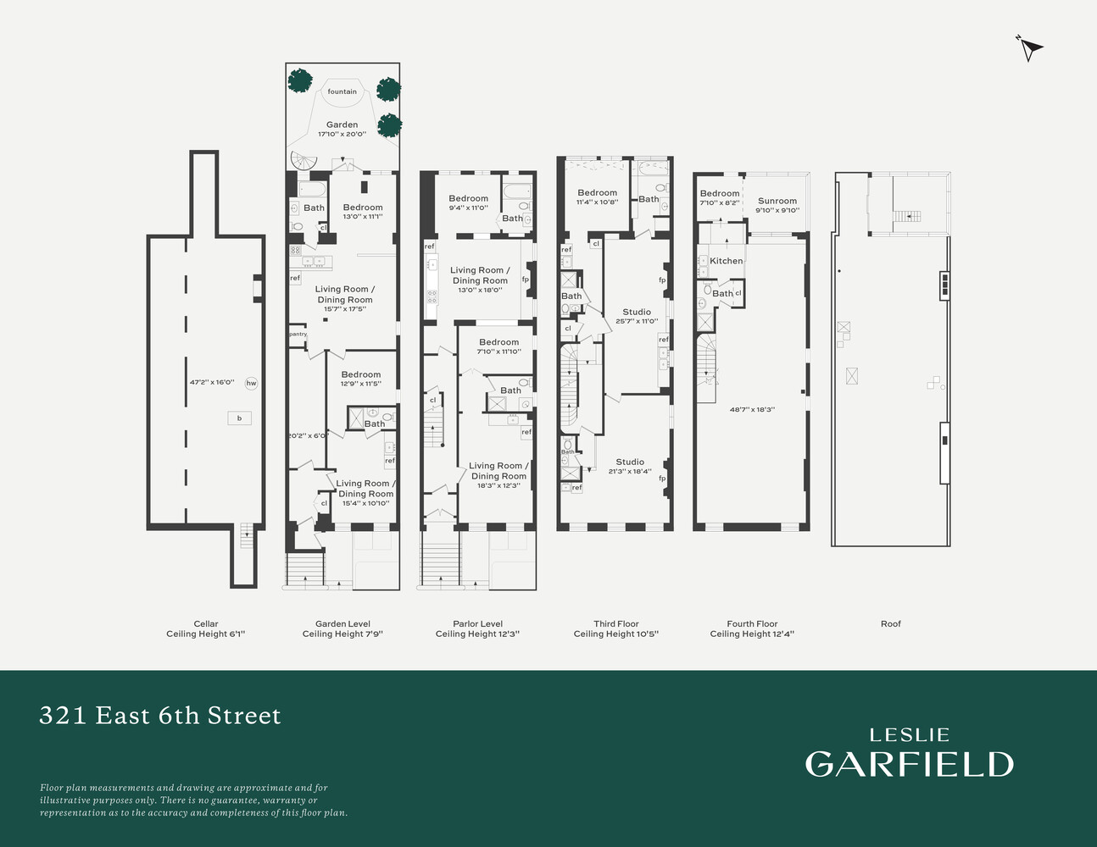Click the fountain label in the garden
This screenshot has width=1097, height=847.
point(342,91)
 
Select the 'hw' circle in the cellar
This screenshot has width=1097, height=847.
point(251,384)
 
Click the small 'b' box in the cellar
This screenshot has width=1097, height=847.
point(239,418)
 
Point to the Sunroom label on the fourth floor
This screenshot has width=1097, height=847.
point(777,202)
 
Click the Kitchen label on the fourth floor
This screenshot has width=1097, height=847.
point(727,261)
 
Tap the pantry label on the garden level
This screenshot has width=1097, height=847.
point(298,334)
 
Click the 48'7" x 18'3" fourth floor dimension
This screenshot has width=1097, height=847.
point(752,409)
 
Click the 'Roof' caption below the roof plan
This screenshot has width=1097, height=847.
point(890,623)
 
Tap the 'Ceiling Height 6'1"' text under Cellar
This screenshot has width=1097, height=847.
point(205,634)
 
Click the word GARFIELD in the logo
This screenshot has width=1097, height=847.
point(909,764)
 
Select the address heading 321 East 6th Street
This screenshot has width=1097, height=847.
point(160,716)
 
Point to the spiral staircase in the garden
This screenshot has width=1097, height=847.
point(302,161)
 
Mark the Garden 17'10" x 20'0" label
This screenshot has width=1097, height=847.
point(342,129)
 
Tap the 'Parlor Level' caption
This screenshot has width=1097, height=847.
point(477,623)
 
